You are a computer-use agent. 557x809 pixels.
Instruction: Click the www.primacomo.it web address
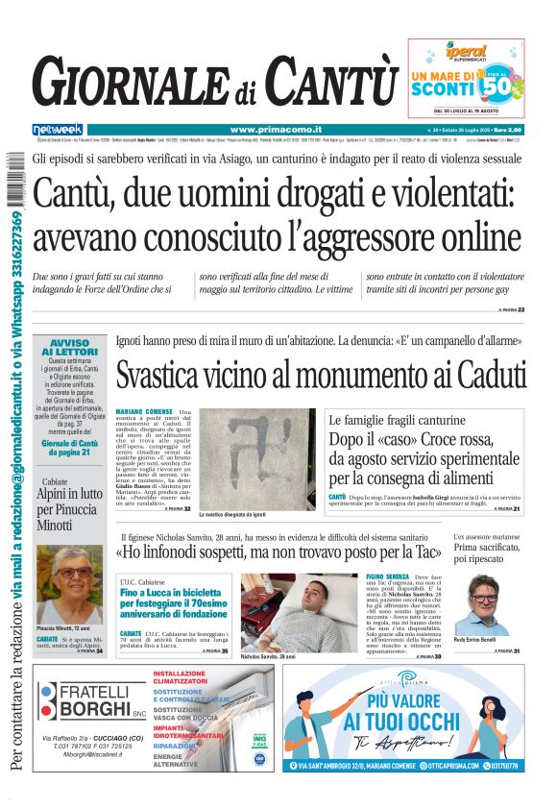tap(276, 129)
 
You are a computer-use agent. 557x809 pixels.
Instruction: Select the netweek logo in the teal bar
tap(58, 129)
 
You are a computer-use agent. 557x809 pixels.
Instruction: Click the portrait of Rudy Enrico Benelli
tap(489, 603)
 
